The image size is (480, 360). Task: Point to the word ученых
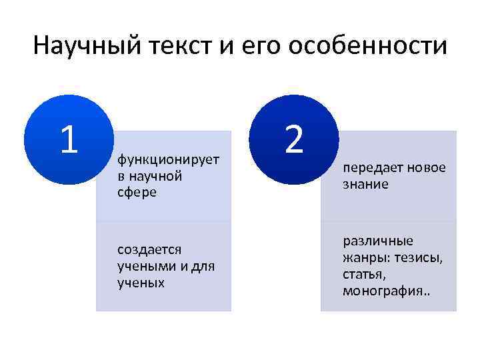tap(141, 282)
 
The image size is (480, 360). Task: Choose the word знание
tap(365, 185)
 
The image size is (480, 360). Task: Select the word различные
tap(378, 241)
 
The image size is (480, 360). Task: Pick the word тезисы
tap(419, 257)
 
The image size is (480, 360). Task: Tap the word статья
tap(365, 274)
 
